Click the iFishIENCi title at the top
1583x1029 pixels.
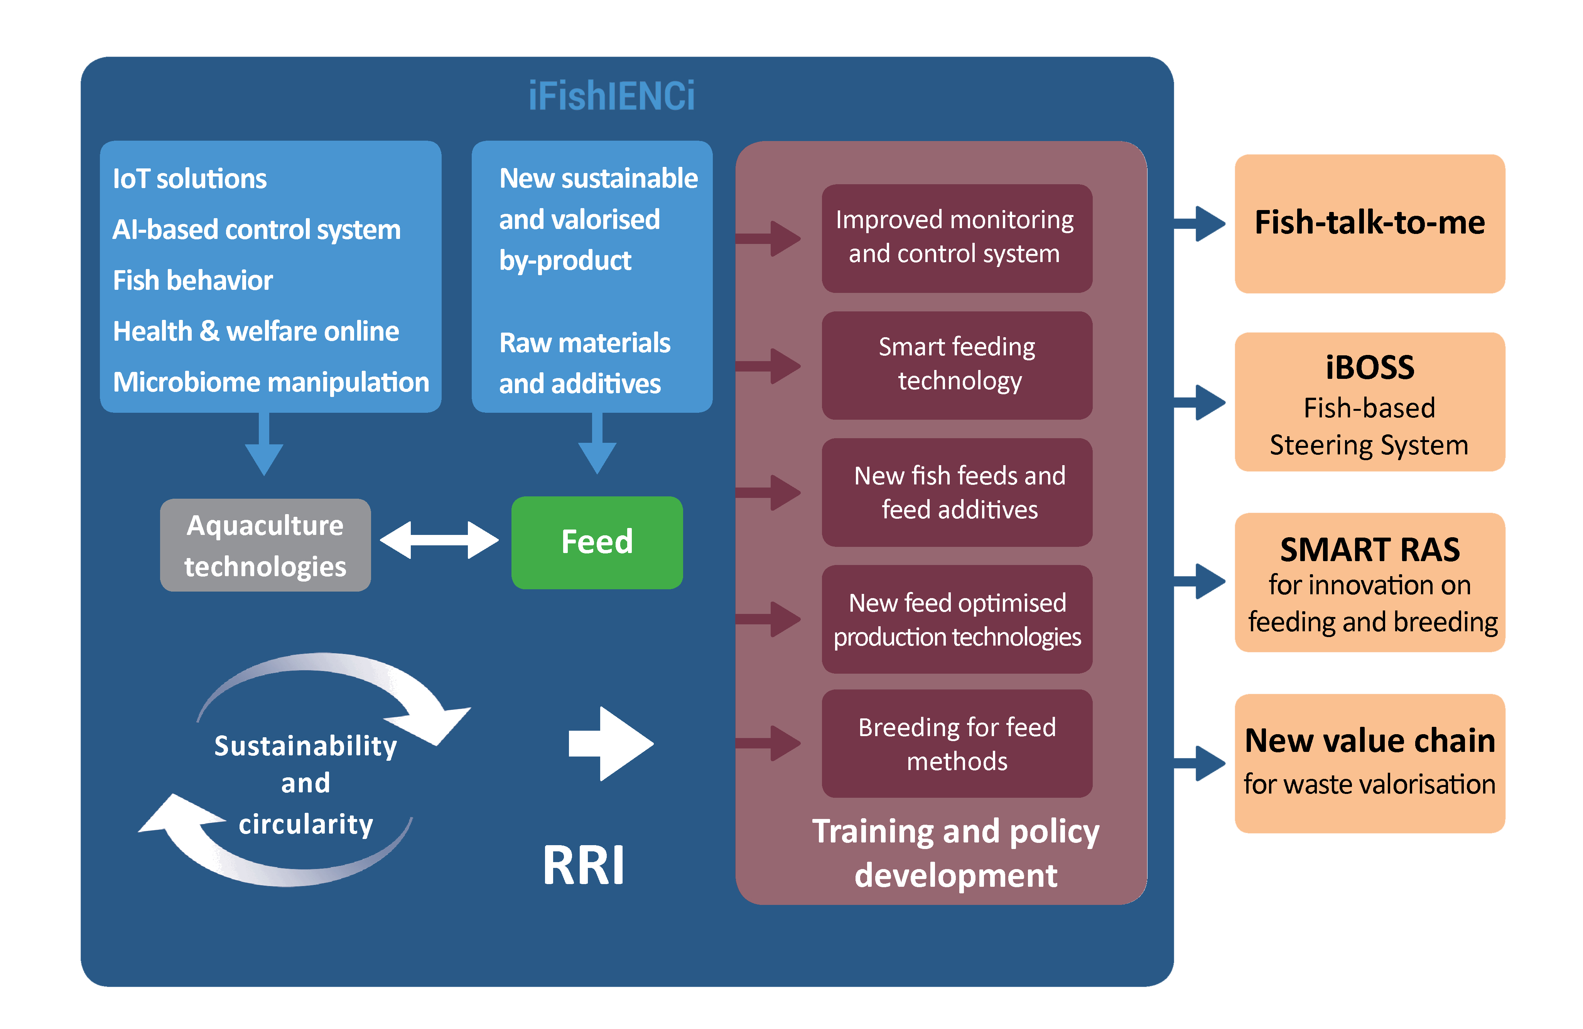(x=611, y=96)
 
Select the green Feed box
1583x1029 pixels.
(x=597, y=542)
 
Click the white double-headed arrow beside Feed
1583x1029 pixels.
(x=439, y=540)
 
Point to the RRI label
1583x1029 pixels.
(x=583, y=866)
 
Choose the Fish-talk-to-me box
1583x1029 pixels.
(x=1369, y=224)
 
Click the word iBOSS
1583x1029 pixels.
(x=1369, y=368)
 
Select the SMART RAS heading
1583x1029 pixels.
(x=1369, y=550)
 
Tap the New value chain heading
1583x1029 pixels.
(x=1369, y=740)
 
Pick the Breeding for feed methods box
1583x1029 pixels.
(x=957, y=744)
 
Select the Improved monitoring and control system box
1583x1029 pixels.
(x=957, y=237)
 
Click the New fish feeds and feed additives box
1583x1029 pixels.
(x=957, y=493)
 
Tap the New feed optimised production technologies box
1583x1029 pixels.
(x=957, y=620)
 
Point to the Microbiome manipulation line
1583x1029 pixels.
(x=271, y=382)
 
